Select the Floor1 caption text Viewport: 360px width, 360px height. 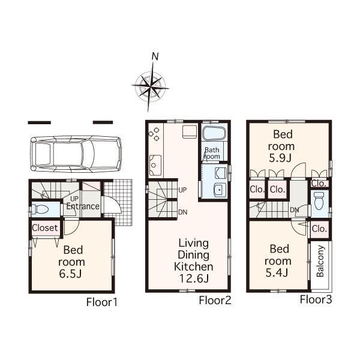101,302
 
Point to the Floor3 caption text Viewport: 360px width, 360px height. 316,299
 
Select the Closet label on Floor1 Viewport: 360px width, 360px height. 45,228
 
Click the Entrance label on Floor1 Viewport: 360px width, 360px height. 83,206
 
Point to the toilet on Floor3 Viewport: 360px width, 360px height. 319,203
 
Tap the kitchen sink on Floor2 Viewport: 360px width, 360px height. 154,163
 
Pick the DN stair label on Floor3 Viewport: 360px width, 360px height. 295,210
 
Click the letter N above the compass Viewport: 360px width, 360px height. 155,57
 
